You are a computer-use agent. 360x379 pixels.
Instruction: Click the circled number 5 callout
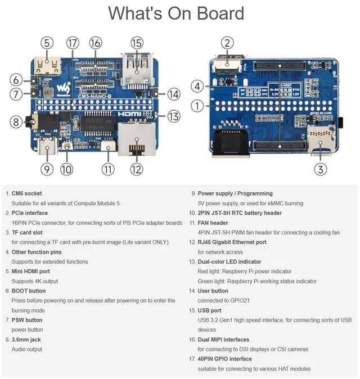[x=47, y=43]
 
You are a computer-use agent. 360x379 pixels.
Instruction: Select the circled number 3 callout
[x=320, y=168]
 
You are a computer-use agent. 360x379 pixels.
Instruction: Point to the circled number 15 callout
[x=137, y=43]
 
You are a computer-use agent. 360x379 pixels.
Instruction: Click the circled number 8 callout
[x=16, y=121]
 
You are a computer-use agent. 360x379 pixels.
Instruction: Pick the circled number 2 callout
[x=227, y=43]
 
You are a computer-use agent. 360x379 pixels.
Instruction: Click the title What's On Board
[x=176, y=13]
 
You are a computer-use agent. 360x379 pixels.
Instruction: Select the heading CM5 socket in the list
[x=26, y=193]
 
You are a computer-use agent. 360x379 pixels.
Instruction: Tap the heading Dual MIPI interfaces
[x=223, y=340]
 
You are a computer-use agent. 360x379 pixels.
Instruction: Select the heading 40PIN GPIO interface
[x=225, y=359]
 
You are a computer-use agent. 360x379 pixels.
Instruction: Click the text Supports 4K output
[x=35, y=281]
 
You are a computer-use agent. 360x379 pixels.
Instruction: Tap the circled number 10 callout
[x=66, y=168]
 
